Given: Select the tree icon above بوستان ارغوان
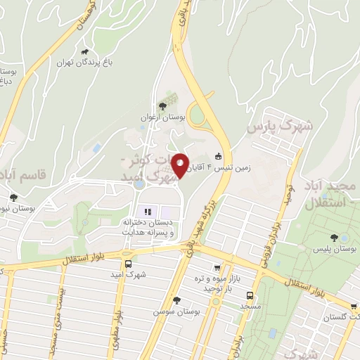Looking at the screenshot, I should point(163,105).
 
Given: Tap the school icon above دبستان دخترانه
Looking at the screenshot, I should point(148,211).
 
